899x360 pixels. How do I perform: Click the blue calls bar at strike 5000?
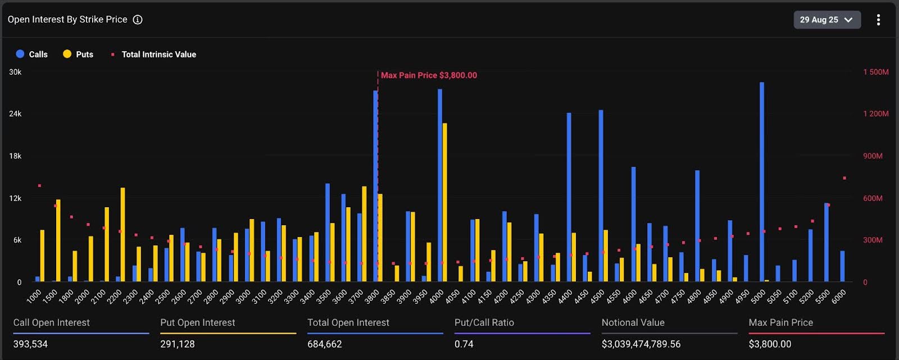click(761, 182)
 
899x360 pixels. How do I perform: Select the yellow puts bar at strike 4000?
click(444, 202)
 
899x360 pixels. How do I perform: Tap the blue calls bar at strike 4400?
click(569, 197)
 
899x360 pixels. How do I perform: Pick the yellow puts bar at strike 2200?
click(122, 235)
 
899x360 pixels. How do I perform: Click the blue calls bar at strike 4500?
click(601, 195)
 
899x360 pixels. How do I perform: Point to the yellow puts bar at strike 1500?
click(58, 240)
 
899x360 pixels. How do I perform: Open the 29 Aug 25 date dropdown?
click(826, 20)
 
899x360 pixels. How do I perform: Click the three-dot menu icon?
click(878, 20)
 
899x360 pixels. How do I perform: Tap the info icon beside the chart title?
click(138, 20)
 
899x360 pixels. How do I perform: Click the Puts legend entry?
click(78, 54)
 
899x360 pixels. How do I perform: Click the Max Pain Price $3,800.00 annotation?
click(428, 75)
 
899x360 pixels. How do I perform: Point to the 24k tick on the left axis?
click(15, 113)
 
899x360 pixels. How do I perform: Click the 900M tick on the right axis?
click(873, 156)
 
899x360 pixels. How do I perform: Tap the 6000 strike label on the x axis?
click(838, 297)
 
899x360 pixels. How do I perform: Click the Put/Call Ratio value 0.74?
click(464, 344)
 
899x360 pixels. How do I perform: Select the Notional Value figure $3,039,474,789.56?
click(641, 344)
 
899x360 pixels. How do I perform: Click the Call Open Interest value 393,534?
click(30, 344)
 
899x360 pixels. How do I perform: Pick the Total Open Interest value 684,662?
click(324, 344)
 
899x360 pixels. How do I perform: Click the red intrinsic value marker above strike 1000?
click(39, 186)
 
